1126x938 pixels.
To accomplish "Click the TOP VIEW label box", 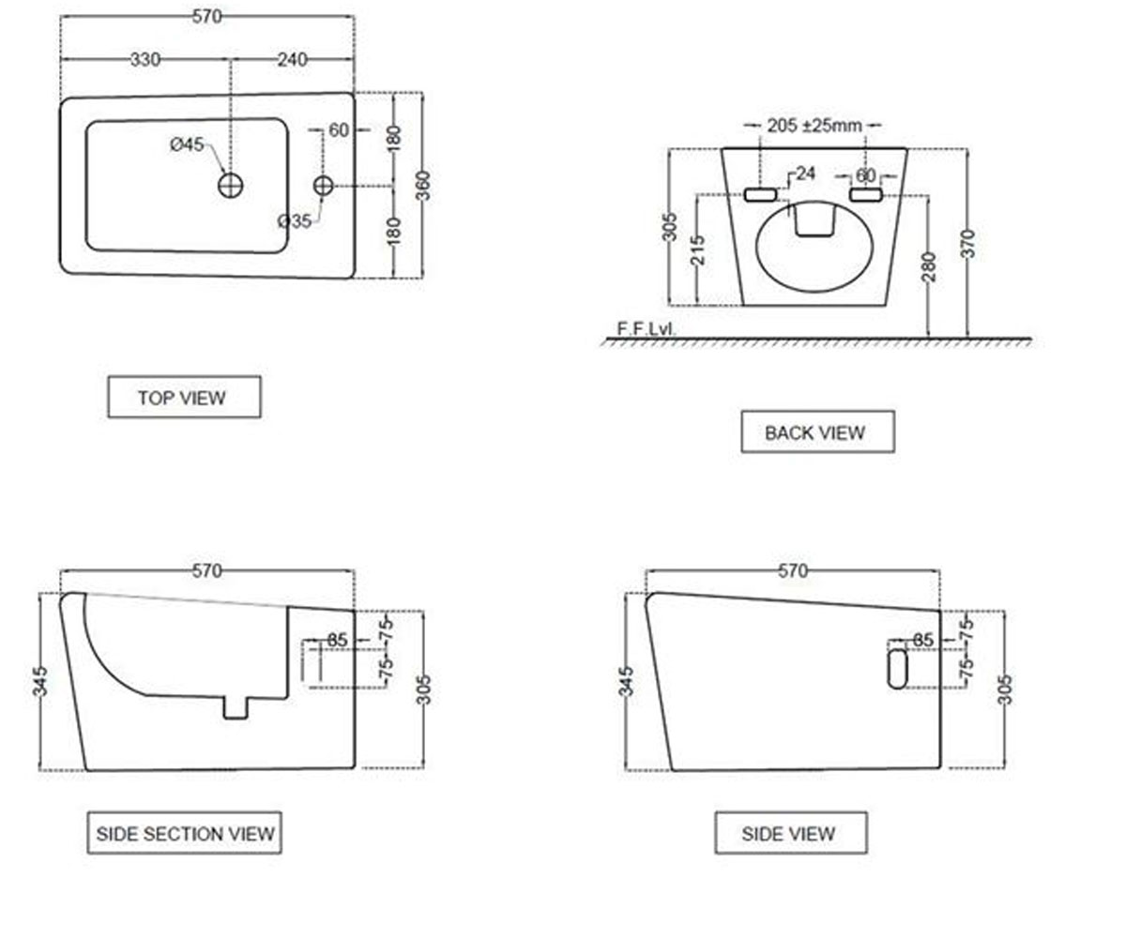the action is (x=185, y=398).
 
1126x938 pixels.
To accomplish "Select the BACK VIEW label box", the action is (x=817, y=431).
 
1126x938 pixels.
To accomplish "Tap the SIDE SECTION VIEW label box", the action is (x=185, y=833).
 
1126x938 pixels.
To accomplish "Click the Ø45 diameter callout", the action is (x=187, y=144).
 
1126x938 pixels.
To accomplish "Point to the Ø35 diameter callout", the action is (x=295, y=221).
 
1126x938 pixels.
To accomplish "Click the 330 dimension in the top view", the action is (x=145, y=59).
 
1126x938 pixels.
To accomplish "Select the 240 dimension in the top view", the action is (x=292, y=59).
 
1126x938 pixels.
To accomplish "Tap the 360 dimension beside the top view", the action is (x=424, y=186).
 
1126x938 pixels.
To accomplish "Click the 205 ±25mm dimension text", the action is (x=814, y=126).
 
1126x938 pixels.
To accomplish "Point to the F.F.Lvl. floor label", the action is (x=646, y=328).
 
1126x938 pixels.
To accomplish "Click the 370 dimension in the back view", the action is (x=968, y=244).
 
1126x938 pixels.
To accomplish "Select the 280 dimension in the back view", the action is (x=929, y=266).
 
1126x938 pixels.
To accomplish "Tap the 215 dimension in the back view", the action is (x=697, y=250).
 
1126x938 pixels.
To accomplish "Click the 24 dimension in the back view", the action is (x=805, y=174).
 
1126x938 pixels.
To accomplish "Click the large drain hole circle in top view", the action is (x=231, y=186).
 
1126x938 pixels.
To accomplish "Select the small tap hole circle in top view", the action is (x=323, y=186).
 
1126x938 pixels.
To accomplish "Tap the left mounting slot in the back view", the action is (x=760, y=194).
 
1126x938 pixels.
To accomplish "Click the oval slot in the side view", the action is (x=897, y=669).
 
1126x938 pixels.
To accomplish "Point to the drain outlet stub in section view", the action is (x=236, y=708).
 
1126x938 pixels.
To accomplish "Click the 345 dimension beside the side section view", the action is (x=40, y=681).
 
